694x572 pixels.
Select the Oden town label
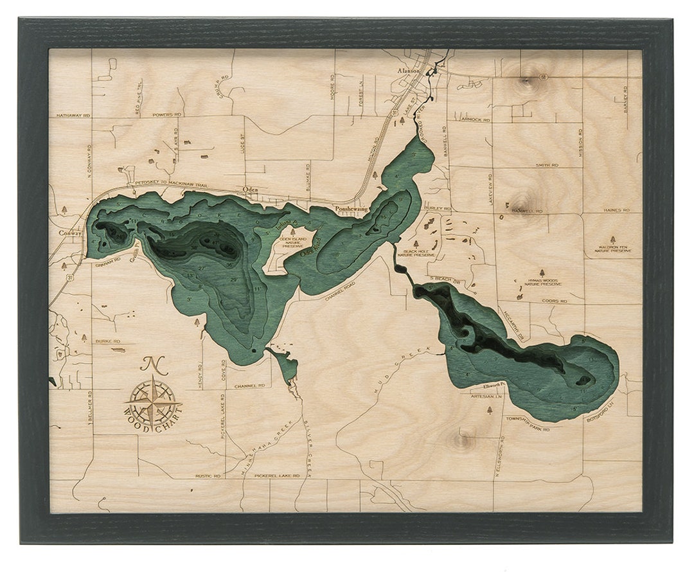click(251, 190)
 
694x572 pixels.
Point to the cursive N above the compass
click(151, 364)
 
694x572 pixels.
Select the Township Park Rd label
click(524, 418)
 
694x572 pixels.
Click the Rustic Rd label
click(208, 476)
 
